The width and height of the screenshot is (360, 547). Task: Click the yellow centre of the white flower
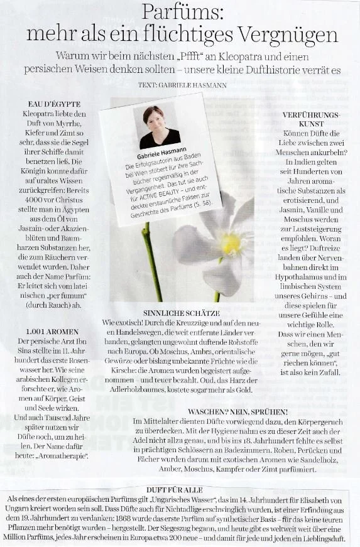[x=231, y=243]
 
